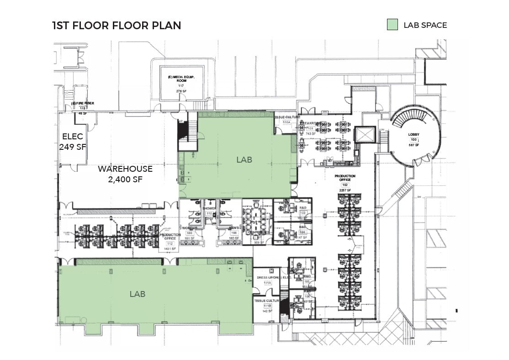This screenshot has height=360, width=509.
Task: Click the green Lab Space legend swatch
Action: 392,25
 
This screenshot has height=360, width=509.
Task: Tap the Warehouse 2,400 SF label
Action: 125,174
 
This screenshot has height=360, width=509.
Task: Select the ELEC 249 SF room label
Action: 73,141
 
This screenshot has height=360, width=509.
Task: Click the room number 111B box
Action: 267,306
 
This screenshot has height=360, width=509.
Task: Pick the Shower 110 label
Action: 209,210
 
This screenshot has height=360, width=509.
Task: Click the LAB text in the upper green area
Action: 244,159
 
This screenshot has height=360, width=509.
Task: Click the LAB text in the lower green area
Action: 138,294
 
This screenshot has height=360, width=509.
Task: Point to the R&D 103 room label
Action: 302,210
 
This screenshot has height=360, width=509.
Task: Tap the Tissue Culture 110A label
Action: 287,120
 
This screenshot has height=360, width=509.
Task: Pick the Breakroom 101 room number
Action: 310,129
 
